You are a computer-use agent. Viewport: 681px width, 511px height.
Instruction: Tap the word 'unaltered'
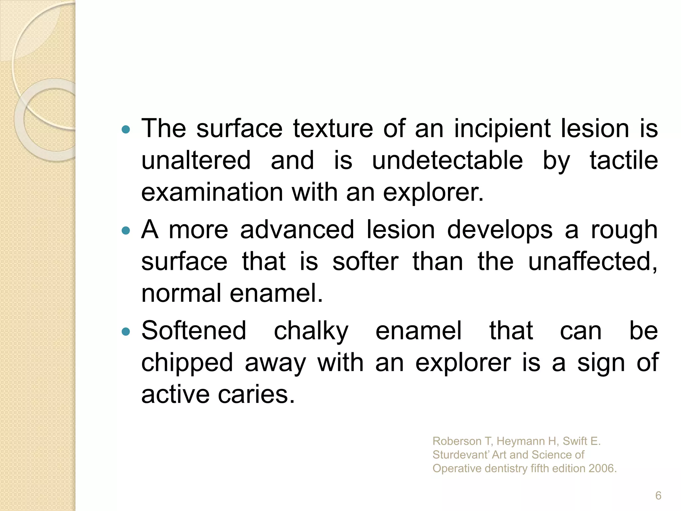click(x=196, y=160)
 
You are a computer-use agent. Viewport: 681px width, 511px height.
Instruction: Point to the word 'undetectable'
click(x=447, y=160)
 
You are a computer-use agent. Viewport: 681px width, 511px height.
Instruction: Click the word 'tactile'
click(x=624, y=160)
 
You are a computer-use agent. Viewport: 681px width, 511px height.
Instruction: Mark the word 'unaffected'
click(x=592, y=261)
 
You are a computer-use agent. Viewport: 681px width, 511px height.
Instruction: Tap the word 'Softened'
click(x=194, y=331)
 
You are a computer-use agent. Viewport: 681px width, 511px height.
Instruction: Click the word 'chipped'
click(x=187, y=363)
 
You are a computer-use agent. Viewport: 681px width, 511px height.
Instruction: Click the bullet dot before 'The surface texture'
click(x=126, y=129)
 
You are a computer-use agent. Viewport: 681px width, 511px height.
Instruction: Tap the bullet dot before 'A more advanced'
click(x=126, y=230)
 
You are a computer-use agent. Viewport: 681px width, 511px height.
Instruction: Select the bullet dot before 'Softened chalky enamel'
click(x=126, y=331)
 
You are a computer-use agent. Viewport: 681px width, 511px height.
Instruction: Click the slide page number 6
click(x=658, y=496)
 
